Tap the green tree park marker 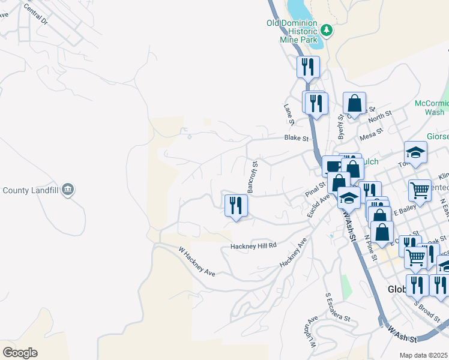[326, 29]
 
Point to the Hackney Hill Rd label [254, 245]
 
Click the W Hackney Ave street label [196, 262]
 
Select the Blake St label [296, 138]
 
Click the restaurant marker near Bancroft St [236, 206]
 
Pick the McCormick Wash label [431, 107]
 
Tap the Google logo [20, 353]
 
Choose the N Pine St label [369, 247]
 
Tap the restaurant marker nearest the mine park [308, 67]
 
